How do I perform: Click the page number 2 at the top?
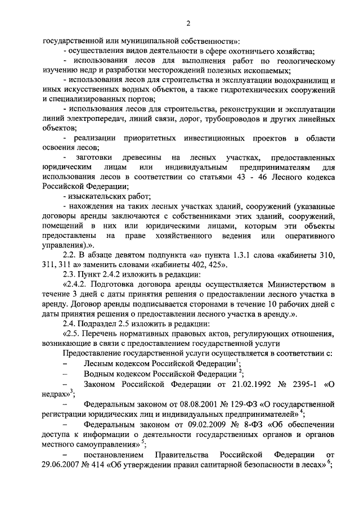tap(188, 23)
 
